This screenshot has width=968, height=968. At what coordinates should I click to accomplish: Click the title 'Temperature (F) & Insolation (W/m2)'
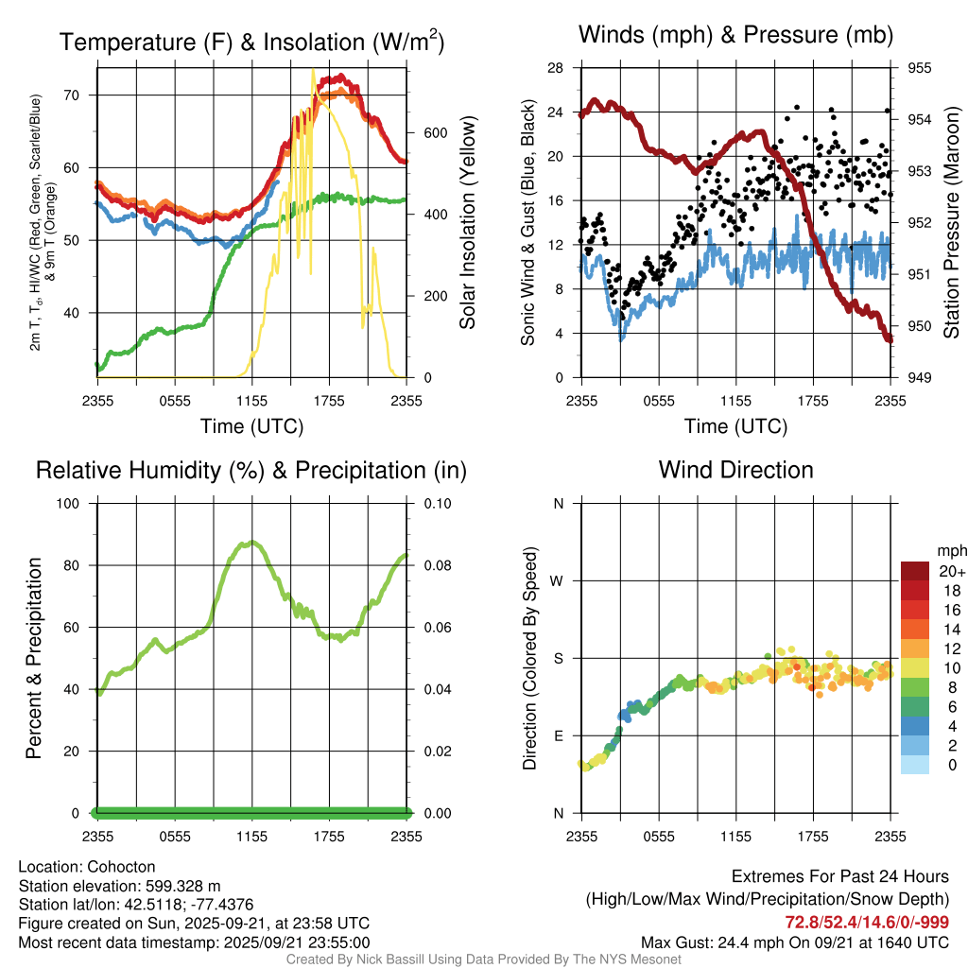pyautogui.click(x=251, y=43)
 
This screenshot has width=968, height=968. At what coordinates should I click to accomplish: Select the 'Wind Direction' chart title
pyautogui.click(x=735, y=470)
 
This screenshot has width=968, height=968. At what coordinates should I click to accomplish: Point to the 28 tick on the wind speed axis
pyautogui.click(x=556, y=68)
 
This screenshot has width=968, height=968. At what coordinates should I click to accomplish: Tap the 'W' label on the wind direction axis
pyautogui.click(x=558, y=581)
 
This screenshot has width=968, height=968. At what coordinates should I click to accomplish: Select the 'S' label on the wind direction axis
pyautogui.click(x=559, y=659)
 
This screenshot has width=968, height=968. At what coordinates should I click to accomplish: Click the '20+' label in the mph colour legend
pyautogui.click(x=951, y=572)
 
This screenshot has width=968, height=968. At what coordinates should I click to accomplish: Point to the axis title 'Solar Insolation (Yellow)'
pyautogui.click(x=467, y=223)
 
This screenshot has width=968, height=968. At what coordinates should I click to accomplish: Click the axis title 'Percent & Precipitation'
pyautogui.click(x=33, y=658)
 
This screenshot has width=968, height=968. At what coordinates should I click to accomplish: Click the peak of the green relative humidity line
pyautogui.click(x=250, y=543)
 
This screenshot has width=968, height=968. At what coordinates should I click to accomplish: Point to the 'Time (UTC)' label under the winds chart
pyautogui.click(x=736, y=426)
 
